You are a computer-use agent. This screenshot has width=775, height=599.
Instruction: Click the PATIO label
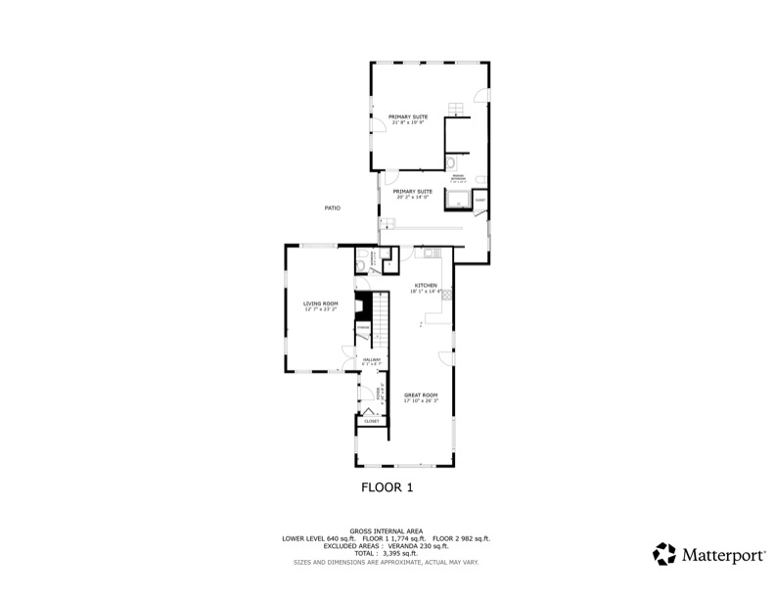(332, 207)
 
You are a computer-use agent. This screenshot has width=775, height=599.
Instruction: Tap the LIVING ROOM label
(320, 303)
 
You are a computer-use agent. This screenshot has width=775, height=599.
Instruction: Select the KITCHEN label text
(425, 285)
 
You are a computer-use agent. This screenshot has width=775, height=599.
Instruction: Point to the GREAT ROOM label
(422, 395)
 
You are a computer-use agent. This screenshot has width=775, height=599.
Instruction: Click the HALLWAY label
(371, 360)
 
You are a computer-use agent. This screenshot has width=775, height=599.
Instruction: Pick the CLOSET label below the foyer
(371, 421)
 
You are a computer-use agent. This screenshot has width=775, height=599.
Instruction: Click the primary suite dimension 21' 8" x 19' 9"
(407, 122)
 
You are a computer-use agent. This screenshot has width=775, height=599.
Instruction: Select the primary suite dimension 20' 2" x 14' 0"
(413, 197)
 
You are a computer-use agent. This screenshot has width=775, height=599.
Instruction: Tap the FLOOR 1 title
(387, 486)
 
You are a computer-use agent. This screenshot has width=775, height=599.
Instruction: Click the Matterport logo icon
(663, 554)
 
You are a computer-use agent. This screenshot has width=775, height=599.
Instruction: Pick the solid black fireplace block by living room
(363, 304)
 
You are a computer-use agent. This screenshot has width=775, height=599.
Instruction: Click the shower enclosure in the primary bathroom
(457, 201)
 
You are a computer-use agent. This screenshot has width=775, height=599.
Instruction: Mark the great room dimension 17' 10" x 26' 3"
(422, 400)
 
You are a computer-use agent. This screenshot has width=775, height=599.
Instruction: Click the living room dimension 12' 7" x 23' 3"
(320, 308)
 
